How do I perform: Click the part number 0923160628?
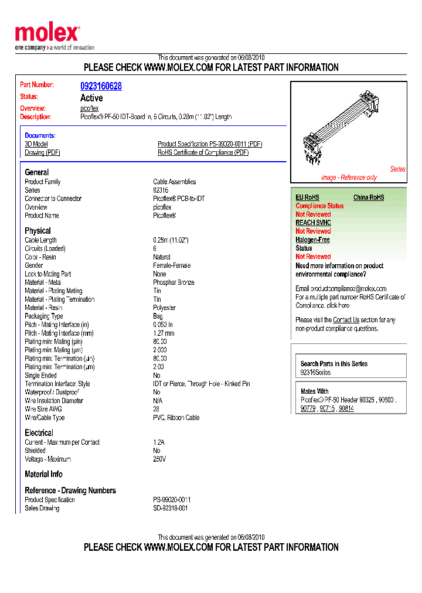pyautogui.click(x=101, y=86)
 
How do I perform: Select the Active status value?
pyautogui.click(x=91, y=98)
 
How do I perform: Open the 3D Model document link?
pyautogui.click(x=36, y=144)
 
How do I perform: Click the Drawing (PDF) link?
pyautogui.click(x=42, y=153)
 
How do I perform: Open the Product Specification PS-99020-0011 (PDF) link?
pyautogui.click(x=210, y=144)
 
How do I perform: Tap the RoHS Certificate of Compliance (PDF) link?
pyautogui.click(x=203, y=153)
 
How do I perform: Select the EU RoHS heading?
pyautogui.click(x=307, y=197)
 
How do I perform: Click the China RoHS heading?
pyautogui.click(x=369, y=197)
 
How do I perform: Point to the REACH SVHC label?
pyautogui.click(x=313, y=223)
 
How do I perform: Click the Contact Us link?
pyautogui.click(x=346, y=320)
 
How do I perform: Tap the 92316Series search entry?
pyautogui.click(x=315, y=373)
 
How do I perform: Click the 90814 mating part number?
pyautogui.click(x=346, y=408)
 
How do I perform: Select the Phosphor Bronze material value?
pyautogui.click(x=173, y=282)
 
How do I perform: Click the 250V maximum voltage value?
pyautogui.click(x=159, y=459)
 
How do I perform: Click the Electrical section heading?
pyautogui.click(x=39, y=433)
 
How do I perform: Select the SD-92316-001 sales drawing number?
pyautogui.click(x=171, y=508)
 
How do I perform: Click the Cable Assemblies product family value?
pyautogui.click(x=175, y=182)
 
